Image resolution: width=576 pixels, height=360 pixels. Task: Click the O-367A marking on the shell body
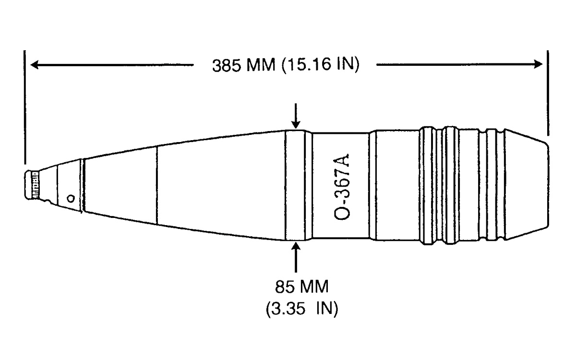(x=342, y=187)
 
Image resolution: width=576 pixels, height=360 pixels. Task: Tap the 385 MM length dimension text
(x=243, y=65)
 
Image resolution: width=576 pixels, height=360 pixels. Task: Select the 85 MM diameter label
(x=302, y=287)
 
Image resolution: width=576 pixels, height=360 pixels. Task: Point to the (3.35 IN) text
(x=302, y=308)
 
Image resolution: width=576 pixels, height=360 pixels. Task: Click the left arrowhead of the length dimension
(x=35, y=64)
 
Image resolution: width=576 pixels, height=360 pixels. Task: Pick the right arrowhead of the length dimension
(x=538, y=64)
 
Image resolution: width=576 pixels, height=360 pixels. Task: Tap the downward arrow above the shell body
(x=296, y=116)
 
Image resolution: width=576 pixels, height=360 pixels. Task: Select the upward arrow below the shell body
(x=296, y=257)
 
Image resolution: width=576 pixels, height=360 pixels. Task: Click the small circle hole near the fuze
(x=71, y=199)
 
